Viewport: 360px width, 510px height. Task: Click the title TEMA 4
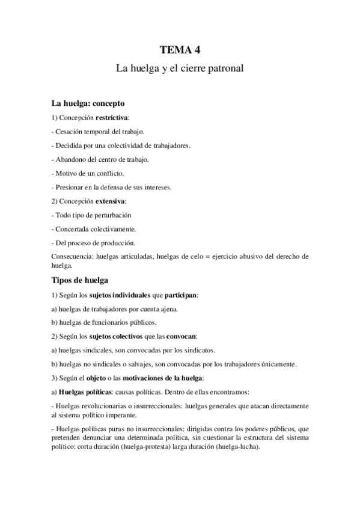(x=180, y=50)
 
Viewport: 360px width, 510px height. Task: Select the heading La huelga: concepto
(x=88, y=103)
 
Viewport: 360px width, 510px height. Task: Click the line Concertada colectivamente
(x=93, y=229)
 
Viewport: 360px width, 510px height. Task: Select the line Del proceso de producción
(x=94, y=242)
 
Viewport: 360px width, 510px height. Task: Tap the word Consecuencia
(x=73, y=256)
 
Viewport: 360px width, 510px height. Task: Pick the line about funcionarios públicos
(x=105, y=323)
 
